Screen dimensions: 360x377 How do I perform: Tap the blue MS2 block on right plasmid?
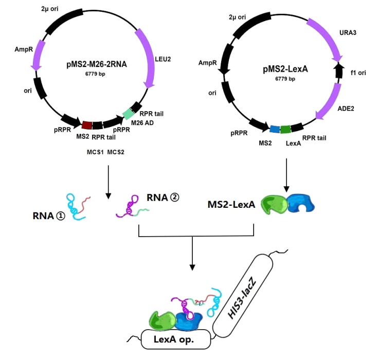275,129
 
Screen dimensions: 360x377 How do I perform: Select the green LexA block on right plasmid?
286,129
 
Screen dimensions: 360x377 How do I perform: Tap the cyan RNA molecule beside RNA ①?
77,206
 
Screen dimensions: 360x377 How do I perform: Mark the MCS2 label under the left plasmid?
116,152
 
